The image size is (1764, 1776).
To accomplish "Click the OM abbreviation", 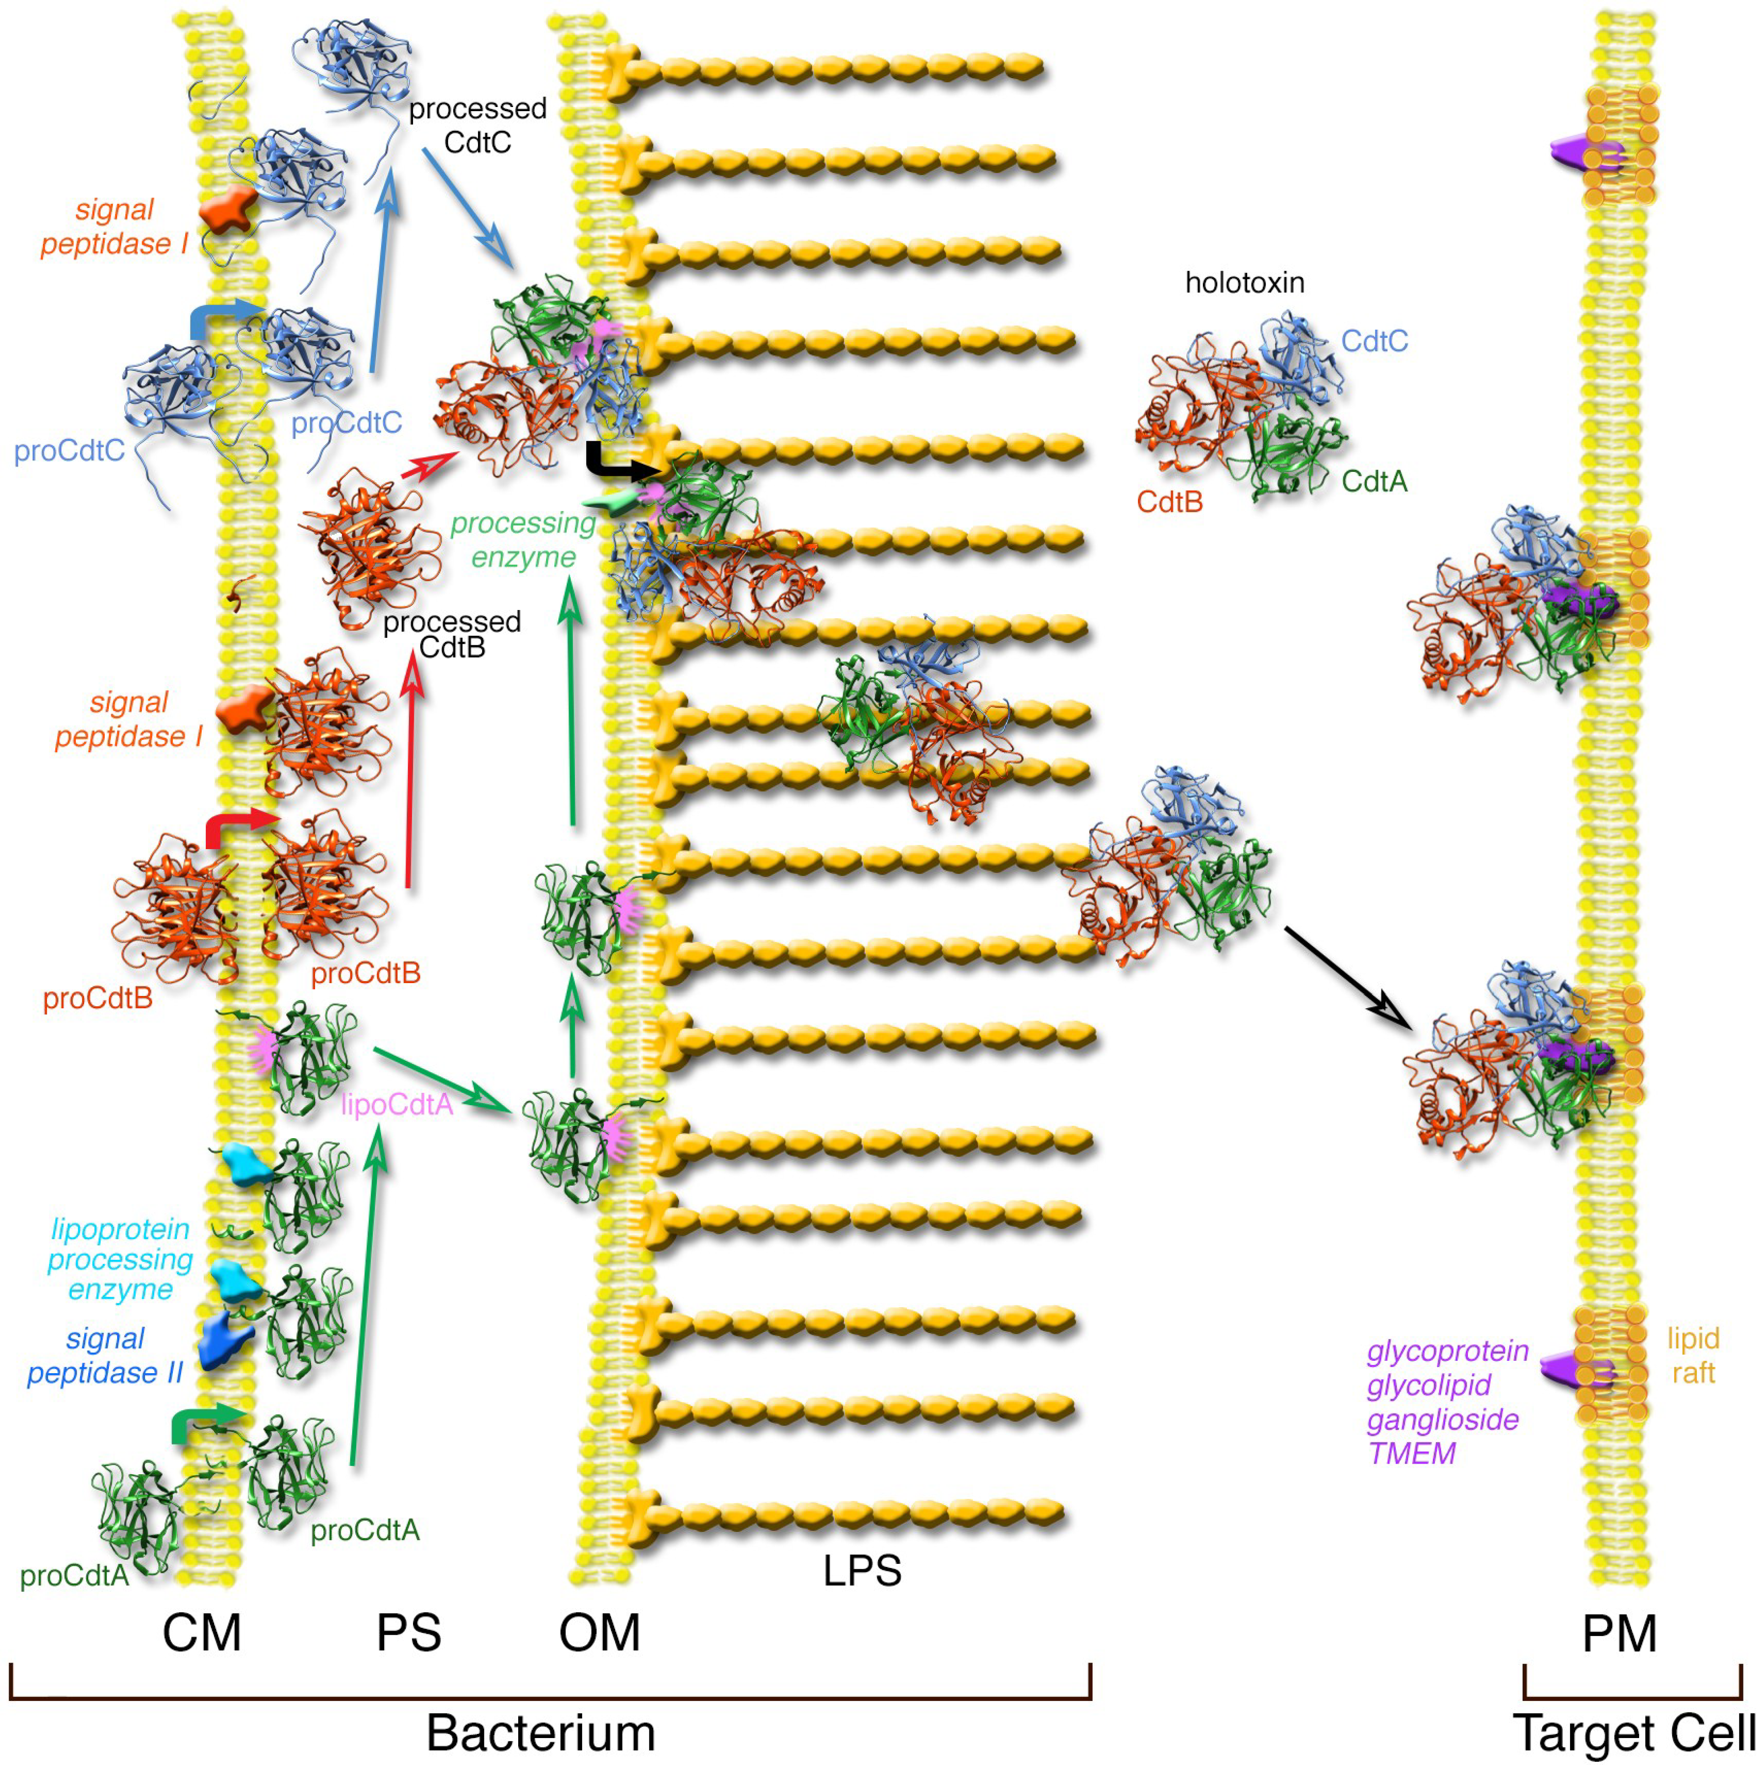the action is pyautogui.click(x=599, y=1633).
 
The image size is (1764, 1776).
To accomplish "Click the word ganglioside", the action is pyautogui.click(x=1442, y=1419).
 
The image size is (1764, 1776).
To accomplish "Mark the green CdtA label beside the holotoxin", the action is pyautogui.click(x=1373, y=481).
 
